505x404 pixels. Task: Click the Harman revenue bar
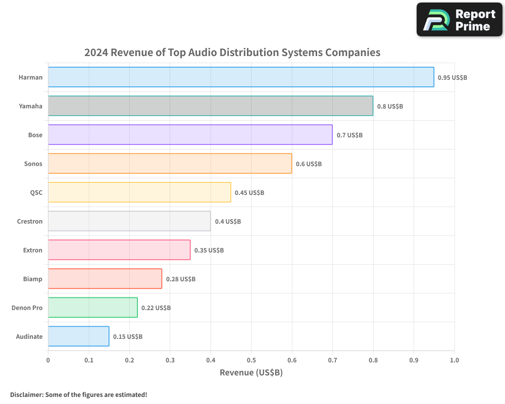click(x=241, y=77)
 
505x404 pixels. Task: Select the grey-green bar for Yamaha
click(x=211, y=106)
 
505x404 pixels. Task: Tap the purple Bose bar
click(x=190, y=135)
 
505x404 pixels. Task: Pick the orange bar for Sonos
click(x=170, y=164)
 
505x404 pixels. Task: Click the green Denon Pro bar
click(x=92, y=308)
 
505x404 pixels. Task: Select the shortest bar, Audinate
click(x=78, y=336)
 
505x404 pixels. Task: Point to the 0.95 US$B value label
click(x=452, y=78)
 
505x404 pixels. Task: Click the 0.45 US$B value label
click(x=249, y=193)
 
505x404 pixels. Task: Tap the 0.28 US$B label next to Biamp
click(x=181, y=279)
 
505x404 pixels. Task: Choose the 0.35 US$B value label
click(x=209, y=250)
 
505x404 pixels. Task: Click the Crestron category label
click(x=30, y=221)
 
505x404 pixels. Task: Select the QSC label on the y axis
click(x=36, y=192)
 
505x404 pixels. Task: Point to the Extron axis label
click(x=33, y=250)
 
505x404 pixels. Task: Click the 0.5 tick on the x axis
click(x=251, y=360)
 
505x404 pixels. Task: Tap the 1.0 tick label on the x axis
click(x=454, y=360)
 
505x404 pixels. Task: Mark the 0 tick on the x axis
click(x=48, y=360)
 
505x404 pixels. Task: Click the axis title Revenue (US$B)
click(x=251, y=373)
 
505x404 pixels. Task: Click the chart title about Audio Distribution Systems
click(x=232, y=52)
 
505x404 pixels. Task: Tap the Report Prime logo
click(x=460, y=20)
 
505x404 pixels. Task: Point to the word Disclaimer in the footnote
click(x=26, y=394)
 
